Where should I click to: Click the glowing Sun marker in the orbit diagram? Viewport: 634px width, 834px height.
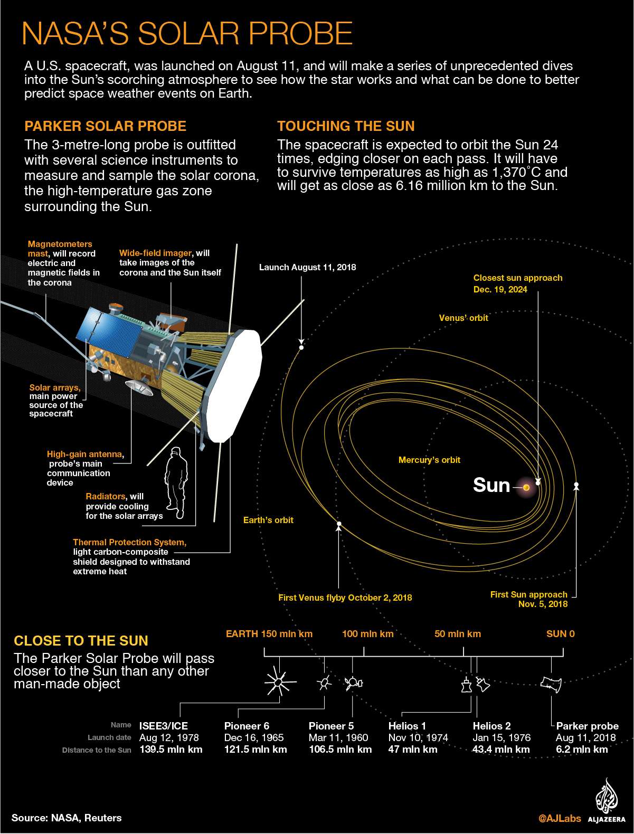[x=526, y=487]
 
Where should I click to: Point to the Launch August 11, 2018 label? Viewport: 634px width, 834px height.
[x=307, y=268]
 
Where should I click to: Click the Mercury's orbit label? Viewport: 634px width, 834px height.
[x=429, y=460]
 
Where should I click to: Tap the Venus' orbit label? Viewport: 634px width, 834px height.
[x=463, y=318]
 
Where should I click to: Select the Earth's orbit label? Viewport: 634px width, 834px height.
[x=268, y=520]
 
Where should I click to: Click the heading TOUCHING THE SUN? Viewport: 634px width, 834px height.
[x=346, y=126]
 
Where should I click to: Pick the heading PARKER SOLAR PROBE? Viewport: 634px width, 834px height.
[x=105, y=126]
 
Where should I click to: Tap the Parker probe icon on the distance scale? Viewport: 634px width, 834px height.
[x=551, y=684]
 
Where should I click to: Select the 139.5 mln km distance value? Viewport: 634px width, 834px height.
[x=171, y=750]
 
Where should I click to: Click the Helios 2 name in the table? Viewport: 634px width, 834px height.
[x=491, y=726]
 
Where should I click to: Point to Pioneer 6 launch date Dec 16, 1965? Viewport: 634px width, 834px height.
[x=254, y=738]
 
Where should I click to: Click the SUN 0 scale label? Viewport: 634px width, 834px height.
[x=560, y=634]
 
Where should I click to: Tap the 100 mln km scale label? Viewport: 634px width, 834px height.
[x=368, y=634]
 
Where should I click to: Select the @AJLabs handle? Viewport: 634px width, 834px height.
[x=560, y=819]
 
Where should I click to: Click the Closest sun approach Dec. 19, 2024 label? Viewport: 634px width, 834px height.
[x=517, y=283]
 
